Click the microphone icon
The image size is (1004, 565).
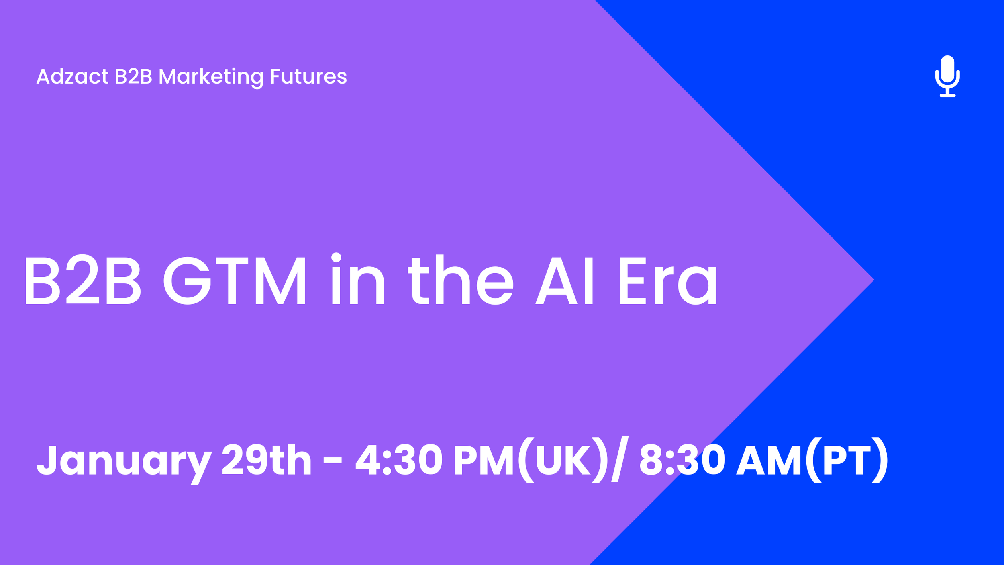947,76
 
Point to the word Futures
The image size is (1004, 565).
308,76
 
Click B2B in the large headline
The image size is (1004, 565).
82,280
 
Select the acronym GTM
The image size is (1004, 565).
235,280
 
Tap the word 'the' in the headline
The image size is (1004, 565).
461,280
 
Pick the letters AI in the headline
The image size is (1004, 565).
564,280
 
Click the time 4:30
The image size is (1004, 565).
399,460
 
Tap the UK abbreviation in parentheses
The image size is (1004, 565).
562,460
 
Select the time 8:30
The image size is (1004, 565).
682,460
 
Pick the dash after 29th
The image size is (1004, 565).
333,460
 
